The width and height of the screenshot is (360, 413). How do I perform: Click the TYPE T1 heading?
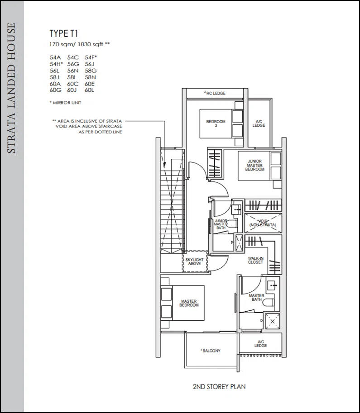click(x=63, y=33)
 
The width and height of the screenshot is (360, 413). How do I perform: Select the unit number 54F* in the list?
click(x=91, y=57)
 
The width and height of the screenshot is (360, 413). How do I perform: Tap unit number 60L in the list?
click(x=89, y=90)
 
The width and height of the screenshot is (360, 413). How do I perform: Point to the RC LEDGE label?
click(x=215, y=93)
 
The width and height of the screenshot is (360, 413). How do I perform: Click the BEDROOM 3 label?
click(x=216, y=123)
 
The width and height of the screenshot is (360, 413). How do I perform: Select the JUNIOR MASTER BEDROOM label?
click(x=255, y=165)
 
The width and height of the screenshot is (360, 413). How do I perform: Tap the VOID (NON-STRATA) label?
click(x=263, y=223)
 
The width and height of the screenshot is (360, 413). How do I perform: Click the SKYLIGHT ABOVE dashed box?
click(x=195, y=261)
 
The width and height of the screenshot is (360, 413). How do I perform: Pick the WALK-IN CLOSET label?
click(x=255, y=260)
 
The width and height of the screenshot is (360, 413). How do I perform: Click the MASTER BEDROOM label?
click(x=189, y=303)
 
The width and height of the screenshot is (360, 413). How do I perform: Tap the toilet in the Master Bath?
click(x=269, y=303)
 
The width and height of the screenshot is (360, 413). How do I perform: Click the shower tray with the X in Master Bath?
click(x=273, y=321)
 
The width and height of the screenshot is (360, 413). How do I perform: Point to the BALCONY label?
click(x=211, y=351)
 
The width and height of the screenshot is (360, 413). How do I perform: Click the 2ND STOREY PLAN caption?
click(x=219, y=387)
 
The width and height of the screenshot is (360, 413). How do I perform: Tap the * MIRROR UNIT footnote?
click(x=65, y=103)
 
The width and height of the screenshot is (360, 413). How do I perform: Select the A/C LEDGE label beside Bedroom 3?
click(x=259, y=123)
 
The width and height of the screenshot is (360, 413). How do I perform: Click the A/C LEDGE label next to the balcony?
click(x=260, y=344)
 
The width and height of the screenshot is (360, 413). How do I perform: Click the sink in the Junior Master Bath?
click(x=236, y=210)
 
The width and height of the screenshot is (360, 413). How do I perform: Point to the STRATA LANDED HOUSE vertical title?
click(x=11, y=88)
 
